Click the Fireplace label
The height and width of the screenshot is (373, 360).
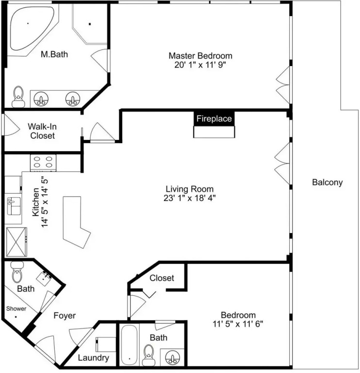coord(214,119)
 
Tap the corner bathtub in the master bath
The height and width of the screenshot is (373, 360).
coord(31,28)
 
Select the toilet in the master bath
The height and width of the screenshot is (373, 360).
coord(18,96)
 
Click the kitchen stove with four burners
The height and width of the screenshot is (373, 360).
coord(43,163)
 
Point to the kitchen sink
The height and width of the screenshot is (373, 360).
coord(14,206)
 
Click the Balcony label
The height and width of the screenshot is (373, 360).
coord(327,183)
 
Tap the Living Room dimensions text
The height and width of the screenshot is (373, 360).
coord(189,198)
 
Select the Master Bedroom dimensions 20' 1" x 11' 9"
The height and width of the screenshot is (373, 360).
coord(200,65)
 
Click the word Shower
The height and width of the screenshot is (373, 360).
coord(16,308)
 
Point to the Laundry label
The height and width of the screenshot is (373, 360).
coord(93,357)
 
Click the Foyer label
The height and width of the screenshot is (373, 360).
coord(65,315)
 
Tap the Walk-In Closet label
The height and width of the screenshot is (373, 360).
coord(42,131)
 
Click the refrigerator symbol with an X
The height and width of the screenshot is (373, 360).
coord(16,242)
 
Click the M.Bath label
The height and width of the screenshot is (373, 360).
coord(54,54)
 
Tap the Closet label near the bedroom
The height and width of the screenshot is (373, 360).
coord(162,278)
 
